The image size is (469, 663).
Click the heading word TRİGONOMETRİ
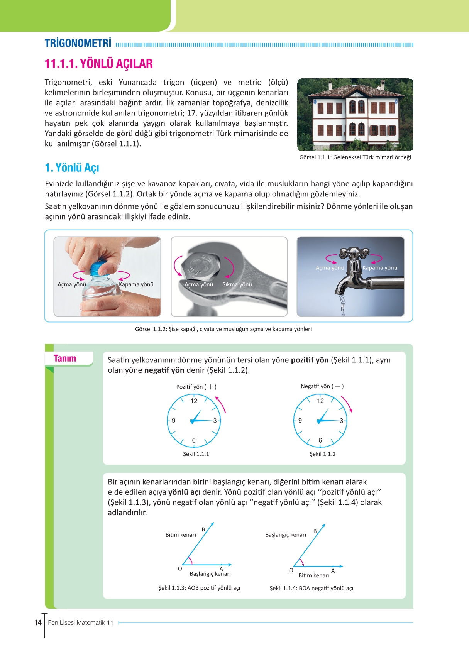pyautogui.click(x=78, y=43)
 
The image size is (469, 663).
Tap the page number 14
pyautogui.click(x=38, y=622)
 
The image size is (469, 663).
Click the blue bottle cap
pyautogui.click(x=99, y=268)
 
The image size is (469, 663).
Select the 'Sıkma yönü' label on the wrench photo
pyautogui.click(x=237, y=284)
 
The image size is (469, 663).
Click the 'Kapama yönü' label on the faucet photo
pyautogui.click(x=380, y=268)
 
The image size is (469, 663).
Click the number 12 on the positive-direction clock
pyautogui.click(x=194, y=401)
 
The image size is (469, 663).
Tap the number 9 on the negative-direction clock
pyautogui.click(x=300, y=421)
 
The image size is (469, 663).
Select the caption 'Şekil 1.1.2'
pyautogui.click(x=322, y=454)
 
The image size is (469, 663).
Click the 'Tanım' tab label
pyautogui.click(x=65, y=359)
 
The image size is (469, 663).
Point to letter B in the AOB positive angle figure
pyautogui.click(x=203, y=529)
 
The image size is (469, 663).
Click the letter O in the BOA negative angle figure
pyautogui.click(x=291, y=570)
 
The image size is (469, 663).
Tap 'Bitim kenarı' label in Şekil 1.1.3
pyautogui.click(x=181, y=535)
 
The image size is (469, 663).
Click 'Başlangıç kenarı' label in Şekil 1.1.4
pyautogui.click(x=285, y=535)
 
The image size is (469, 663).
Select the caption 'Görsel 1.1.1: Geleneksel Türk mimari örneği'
pyautogui.click(x=355, y=157)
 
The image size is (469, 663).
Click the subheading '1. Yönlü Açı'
pyautogui.click(x=72, y=168)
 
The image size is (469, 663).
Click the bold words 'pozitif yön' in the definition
pyautogui.click(x=310, y=360)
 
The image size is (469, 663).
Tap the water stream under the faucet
pyautogui.click(x=342, y=304)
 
